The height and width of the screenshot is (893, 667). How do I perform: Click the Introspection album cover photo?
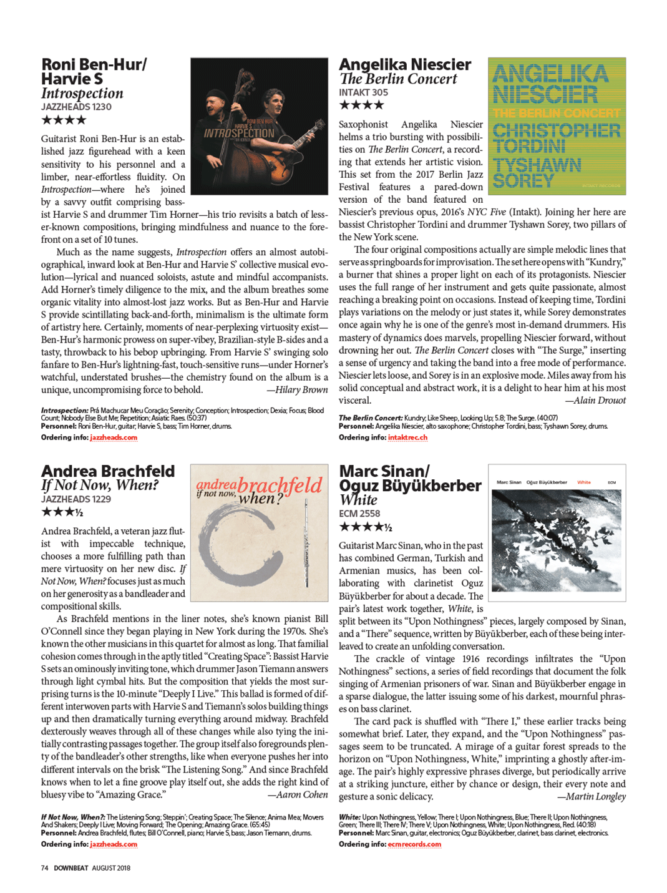pos(259,126)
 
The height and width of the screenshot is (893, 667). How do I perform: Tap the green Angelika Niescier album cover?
pos(557,126)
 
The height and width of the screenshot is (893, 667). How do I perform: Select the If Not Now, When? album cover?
pos(259,532)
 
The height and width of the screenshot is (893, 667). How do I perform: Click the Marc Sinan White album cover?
pos(557,532)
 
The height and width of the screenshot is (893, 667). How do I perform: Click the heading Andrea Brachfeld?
pos(108,471)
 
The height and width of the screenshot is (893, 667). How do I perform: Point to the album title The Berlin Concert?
pos(398,79)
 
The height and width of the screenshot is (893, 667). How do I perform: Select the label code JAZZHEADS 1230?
pos(76,107)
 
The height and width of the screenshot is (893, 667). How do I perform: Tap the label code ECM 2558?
pos(359,514)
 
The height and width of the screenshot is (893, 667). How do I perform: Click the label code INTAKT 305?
pos(363,92)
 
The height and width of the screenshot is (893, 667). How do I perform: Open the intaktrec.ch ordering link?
pos(407,437)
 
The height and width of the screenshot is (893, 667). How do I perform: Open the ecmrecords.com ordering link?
pos(414,844)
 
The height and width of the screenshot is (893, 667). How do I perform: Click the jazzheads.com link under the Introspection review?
pos(114,437)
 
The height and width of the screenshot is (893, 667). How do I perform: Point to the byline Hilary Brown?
pos(298,390)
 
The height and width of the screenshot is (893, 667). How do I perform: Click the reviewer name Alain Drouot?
pos(595,401)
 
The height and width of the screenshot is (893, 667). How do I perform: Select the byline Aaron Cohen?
pos(298,795)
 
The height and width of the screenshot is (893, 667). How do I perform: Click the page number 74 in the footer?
pos(44,868)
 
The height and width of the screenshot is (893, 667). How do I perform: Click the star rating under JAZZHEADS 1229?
pos(62,512)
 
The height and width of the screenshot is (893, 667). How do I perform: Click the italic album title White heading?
pos(358,500)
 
